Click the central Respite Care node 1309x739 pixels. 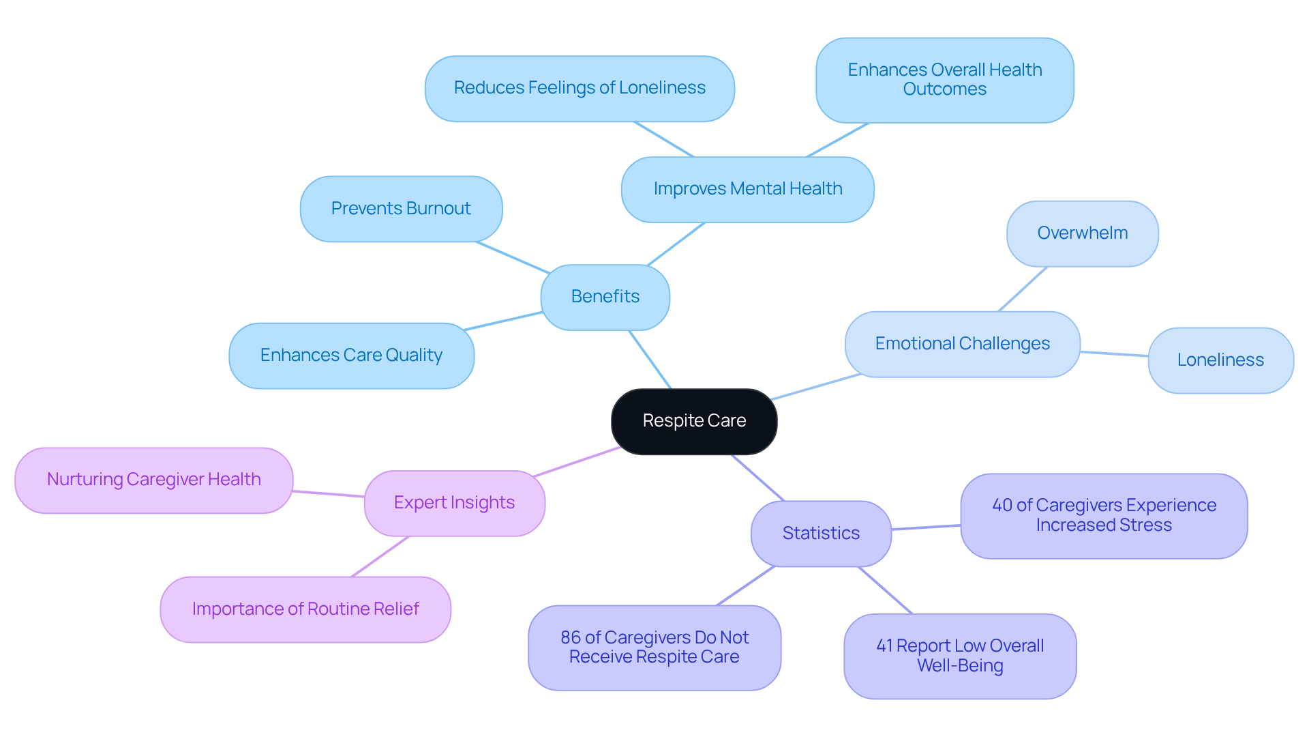pos(694,421)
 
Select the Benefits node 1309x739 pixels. pos(605,297)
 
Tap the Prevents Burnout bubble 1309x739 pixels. pos(401,209)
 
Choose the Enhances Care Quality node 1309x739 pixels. pos(351,356)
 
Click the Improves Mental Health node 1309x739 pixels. pos(747,189)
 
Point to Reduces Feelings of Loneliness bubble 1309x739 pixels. pos(580,88)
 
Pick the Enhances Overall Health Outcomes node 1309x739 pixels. pos(944,80)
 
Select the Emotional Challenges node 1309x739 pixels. pos(962,344)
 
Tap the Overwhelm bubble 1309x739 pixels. pos(1082,233)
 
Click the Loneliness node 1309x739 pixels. pos(1220,360)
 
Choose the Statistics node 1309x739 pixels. pos(821,534)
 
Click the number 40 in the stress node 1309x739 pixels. pos(1002,506)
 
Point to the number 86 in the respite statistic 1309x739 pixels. pos(571,638)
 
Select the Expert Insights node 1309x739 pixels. pos(454,503)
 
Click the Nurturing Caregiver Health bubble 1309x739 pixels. pos(154,480)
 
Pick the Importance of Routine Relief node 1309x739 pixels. pos(305,609)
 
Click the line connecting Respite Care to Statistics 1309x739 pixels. pos(758,478)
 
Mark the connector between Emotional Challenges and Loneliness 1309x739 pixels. pos(1114,353)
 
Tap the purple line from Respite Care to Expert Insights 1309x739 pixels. pos(576,462)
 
